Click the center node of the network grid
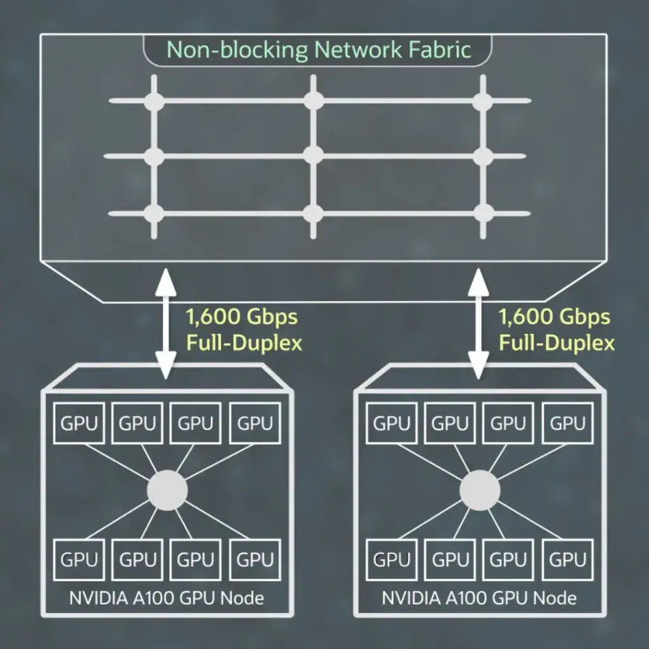313,155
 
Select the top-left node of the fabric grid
154,101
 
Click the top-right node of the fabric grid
482,101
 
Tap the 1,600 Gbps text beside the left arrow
241,316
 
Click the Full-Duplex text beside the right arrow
556,344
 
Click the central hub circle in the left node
167,490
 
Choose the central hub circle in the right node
480,490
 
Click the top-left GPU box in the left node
80,423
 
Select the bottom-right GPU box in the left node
255,560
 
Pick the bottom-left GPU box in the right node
392,560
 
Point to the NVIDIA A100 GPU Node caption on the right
480,598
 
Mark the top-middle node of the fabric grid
313,101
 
